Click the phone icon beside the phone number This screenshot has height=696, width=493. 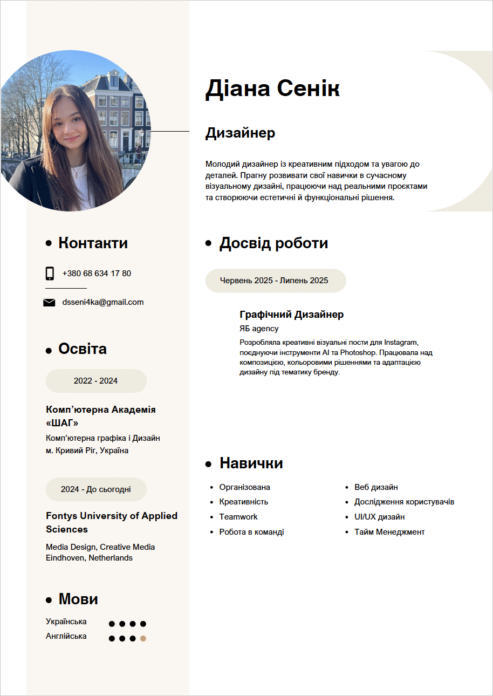pyautogui.click(x=50, y=274)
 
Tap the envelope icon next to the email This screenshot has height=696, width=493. pyautogui.click(x=49, y=303)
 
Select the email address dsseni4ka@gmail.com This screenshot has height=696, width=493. pyautogui.click(x=103, y=302)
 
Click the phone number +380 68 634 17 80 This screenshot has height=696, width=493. pyautogui.click(x=97, y=274)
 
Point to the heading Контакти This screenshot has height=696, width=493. pyautogui.click(x=93, y=243)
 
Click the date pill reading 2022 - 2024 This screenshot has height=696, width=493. pyautogui.click(x=96, y=381)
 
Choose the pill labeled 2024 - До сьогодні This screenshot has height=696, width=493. pyautogui.click(x=96, y=489)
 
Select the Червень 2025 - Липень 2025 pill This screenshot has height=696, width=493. pyautogui.click(x=275, y=281)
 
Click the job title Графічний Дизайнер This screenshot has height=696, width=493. pyautogui.click(x=291, y=315)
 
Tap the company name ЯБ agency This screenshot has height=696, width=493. pyautogui.click(x=259, y=329)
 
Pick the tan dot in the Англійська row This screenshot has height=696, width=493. pyautogui.click(x=143, y=639)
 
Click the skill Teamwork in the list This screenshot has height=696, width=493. pyautogui.click(x=238, y=517)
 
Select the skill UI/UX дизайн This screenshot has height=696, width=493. pyautogui.click(x=379, y=517)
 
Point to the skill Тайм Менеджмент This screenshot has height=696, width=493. pyautogui.click(x=389, y=532)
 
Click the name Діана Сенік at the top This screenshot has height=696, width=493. pyautogui.click(x=272, y=88)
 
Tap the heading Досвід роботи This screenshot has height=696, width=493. pyautogui.click(x=273, y=243)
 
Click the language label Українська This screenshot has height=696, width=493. pyautogui.click(x=66, y=622)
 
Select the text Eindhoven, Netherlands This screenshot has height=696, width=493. pyautogui.click(x=89, y=558)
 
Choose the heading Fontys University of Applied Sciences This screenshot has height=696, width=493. pyautogui.click(x=112, y=522)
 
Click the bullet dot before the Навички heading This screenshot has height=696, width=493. pyautogui.click(x=208, y=463)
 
